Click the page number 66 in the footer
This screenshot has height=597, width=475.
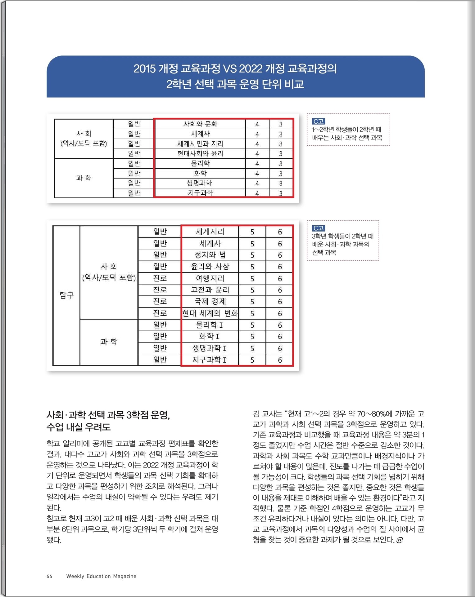point(49,576)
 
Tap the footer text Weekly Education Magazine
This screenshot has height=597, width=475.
point(101,576)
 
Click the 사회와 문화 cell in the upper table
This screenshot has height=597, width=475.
point(200,124)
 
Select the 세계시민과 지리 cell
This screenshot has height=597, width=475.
point(200,144)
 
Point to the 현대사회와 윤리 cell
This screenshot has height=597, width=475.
point(200,153)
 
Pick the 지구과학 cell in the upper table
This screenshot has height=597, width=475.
point(200,193)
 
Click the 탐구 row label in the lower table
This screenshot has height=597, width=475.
point(66,295)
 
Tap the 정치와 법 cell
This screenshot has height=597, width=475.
point(210,255)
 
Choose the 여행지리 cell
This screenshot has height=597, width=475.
point(210,278)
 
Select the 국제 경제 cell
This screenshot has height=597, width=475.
point(210,301)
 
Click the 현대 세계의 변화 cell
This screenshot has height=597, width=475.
point(210,313)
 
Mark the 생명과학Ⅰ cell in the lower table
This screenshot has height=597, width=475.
point(210,348)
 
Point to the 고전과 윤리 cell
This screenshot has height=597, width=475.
point(210,290)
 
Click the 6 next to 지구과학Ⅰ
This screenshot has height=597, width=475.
point(280,360)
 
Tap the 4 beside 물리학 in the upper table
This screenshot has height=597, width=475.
point(257,164)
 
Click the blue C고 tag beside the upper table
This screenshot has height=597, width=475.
point(318,122)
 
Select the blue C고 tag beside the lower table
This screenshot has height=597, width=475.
point(318,228)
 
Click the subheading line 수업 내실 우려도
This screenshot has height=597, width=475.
point(79,427)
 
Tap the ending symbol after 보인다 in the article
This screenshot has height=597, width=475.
point(400,540)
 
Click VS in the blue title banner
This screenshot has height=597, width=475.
point(230,69)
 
